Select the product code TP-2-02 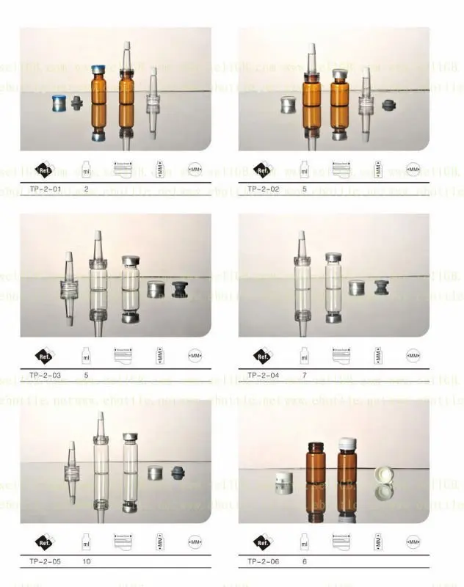[x=262, y=189]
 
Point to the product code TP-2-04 [x=262, y=375]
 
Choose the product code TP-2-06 [x=262, y=561]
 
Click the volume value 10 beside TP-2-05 [x=87, y=561]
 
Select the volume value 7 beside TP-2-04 [x=304, y=375]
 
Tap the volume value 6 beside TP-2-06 [x=304, y=561]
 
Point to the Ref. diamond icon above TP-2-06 [x=262, y=542]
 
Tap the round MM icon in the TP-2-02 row [x=413, y=169]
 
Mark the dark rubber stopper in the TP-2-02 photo [x=388, y=105]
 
